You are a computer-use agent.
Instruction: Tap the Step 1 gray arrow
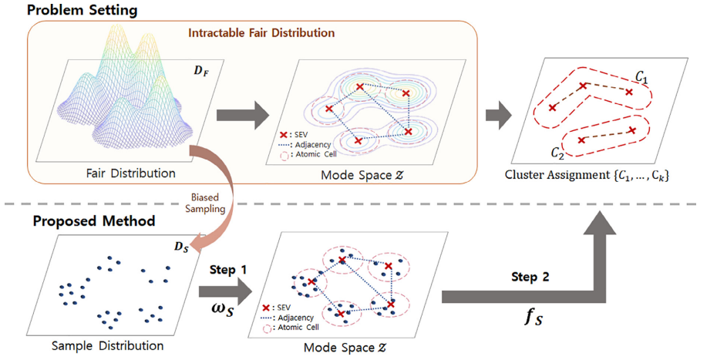tap(224, 291)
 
